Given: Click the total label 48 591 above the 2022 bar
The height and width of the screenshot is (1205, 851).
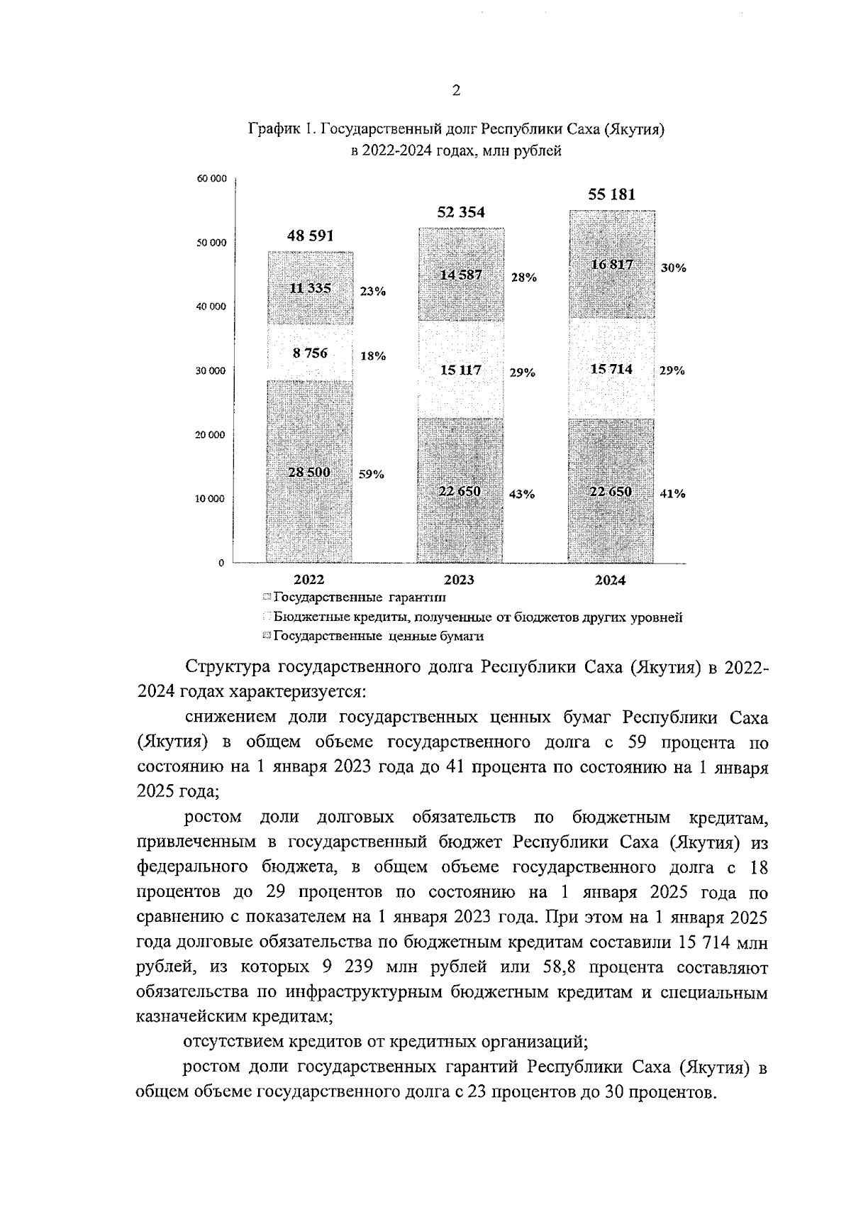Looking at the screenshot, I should [310, 236].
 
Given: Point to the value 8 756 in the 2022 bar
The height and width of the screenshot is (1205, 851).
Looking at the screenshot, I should [310, 353].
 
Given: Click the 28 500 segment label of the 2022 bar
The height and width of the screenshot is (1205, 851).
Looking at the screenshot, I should [309, 472].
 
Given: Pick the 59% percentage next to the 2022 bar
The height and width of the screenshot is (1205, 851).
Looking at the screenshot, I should [371, 475].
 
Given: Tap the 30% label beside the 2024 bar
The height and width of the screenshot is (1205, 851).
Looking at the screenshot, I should [673, 268].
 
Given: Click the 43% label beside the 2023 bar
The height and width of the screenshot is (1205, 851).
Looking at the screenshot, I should [522, 494].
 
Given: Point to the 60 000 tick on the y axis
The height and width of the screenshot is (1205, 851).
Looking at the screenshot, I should [212, 179].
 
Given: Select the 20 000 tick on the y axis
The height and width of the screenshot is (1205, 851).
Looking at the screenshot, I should [212, 435].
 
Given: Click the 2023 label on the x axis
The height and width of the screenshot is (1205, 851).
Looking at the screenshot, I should [460, 581].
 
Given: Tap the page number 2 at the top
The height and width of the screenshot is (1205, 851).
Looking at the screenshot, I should [456, 90].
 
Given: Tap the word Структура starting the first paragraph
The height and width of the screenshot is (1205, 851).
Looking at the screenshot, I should [230, 667].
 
